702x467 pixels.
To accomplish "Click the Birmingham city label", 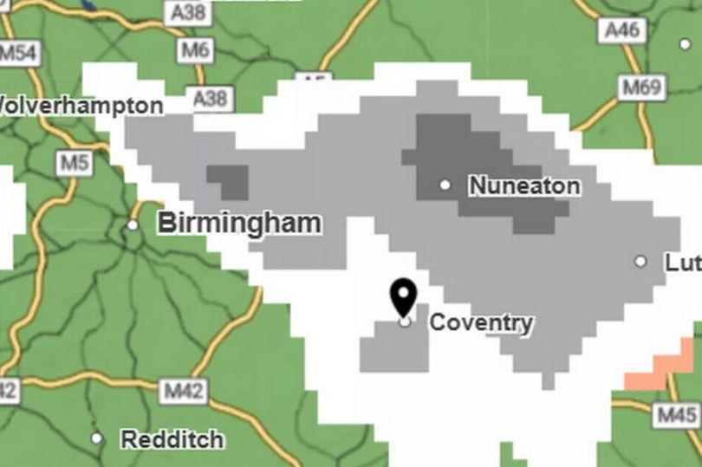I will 238,224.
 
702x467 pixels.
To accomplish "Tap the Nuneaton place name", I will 524,185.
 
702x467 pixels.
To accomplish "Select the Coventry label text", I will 481,323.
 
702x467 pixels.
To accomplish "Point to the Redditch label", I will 172,439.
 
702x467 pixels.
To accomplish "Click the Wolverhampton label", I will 81,106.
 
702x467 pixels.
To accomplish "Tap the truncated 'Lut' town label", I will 683,262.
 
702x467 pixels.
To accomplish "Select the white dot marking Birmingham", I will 133,225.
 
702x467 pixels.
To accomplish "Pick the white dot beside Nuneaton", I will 445,185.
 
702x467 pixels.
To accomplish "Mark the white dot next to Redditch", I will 96,438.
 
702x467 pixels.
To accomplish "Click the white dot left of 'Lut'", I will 640,261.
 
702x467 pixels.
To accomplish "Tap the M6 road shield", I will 195,51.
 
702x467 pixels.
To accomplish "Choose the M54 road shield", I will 17,52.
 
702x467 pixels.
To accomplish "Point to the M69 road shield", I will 640,87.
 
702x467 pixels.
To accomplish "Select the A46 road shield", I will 621,30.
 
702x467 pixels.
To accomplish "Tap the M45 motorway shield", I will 676,415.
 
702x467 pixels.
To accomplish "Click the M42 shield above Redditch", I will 185,391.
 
